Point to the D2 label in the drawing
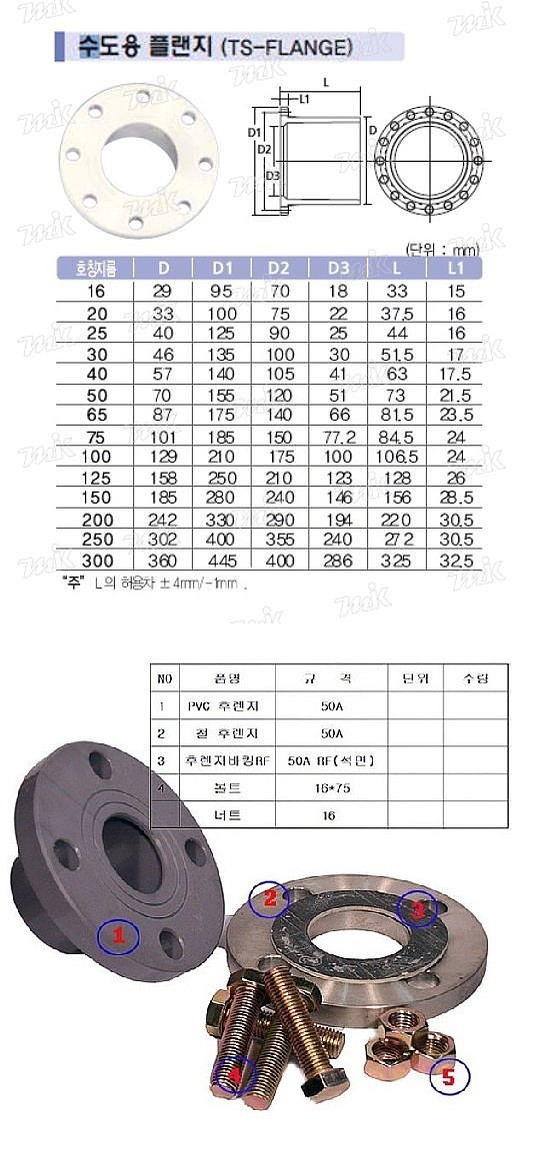264,150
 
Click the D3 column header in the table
339,268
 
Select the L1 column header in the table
455,268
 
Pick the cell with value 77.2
339,436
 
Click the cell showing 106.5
398,457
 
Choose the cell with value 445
223,562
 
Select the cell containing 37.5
398,312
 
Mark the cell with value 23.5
456,415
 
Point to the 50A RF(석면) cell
331,760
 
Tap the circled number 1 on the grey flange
118,937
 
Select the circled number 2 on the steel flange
269,897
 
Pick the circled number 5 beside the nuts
447,1077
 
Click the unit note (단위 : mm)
442,248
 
